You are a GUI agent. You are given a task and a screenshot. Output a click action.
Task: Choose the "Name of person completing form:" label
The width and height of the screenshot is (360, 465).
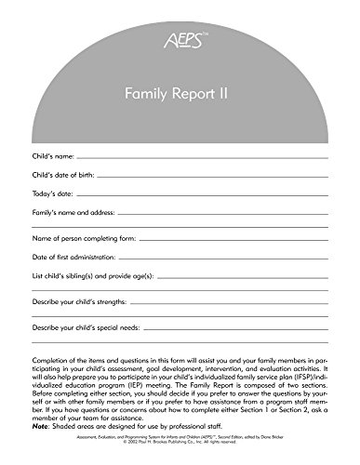86,265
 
